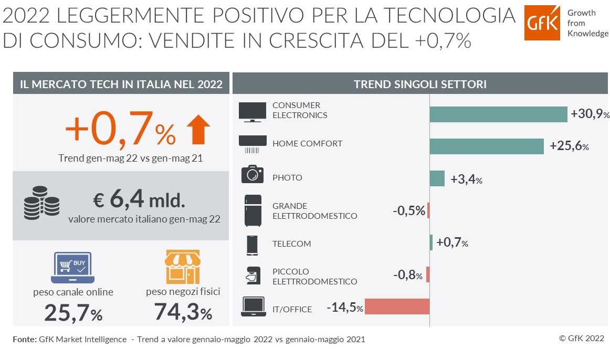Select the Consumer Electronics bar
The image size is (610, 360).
point(498,114)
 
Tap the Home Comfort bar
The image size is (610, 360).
point(486,146)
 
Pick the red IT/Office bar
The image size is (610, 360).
point(397,306)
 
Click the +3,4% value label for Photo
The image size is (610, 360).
point(466,180)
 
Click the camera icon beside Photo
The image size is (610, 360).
point(253,174)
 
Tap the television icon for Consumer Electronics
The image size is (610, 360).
point(253,112)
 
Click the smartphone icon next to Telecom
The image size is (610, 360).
point(253,245)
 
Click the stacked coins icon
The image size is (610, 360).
point(41,204)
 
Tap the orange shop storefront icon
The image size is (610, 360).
point(182,267)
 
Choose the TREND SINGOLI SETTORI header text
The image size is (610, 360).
point(420,84)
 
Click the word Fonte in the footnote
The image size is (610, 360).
point(24,340)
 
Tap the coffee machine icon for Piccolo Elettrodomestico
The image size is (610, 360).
point(253,275)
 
